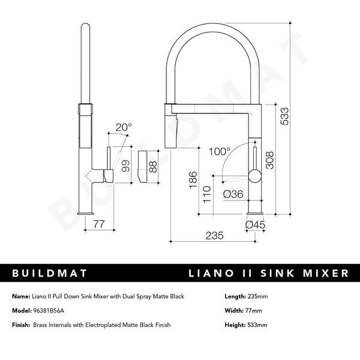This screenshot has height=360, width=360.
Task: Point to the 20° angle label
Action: (x=123, y=127)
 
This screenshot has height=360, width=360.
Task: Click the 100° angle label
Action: (x=220, y=152)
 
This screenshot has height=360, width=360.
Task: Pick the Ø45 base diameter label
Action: (x=256, y=224)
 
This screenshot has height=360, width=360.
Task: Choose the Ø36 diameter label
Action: (x=232, y=194)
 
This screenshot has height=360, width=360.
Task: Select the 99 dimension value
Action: (x=125, y=166)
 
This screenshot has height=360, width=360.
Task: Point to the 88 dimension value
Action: (x=153, y=166)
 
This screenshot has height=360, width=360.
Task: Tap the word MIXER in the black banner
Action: (x=326, y=274)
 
